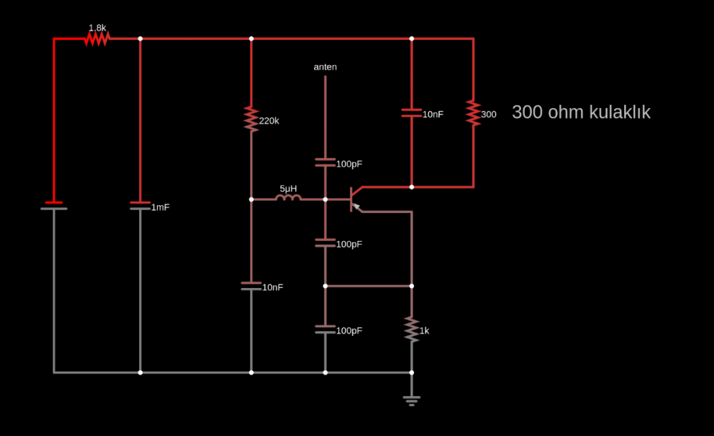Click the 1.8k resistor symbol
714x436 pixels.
coord(96,39)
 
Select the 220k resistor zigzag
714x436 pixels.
coord(251,119)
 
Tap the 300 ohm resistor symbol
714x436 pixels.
coord(473,113)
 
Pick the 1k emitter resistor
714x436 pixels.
coord(411,330)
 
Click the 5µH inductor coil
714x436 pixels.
coord(288,199)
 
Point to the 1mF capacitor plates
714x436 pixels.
coord(140,206)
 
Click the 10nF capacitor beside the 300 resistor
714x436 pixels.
coord(411,113)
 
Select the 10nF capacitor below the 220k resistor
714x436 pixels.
coord(251,286)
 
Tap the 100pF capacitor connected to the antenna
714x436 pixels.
coord(325,163)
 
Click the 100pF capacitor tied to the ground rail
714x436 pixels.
coord(325,330)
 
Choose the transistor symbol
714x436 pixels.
coord(355,199)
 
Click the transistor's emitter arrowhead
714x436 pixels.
coord(359,209)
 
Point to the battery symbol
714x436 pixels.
coord(54,206)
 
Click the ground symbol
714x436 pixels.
coord(411,399)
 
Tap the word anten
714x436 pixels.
coord(325,67)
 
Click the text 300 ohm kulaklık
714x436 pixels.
coord(580,112)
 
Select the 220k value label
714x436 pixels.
coord(269,121)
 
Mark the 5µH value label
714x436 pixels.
coord(288,189)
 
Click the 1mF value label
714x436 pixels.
coord(160,207)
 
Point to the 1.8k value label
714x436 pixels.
coord(97,28)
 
